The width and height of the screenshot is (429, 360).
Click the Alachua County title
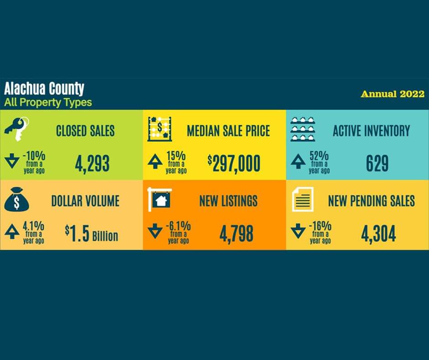(x=44, y=89)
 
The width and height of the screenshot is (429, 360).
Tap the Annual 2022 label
(x=392, y=94)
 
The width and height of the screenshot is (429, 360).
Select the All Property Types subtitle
(x=48, y=102)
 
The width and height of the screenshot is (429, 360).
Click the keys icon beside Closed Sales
(x=17, y=129)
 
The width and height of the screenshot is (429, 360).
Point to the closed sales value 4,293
(x=92, y=164)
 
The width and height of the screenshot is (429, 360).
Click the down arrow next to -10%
(x=12, y=160)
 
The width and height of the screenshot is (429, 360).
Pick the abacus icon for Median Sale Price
(x=160, y=129)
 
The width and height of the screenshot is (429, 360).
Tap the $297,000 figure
(x=234, y=164)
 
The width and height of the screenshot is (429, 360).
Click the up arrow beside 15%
(x=155, y=161)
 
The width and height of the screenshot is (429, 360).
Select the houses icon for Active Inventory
(x=303, y=129)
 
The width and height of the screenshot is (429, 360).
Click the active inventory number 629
(x=377, y=163)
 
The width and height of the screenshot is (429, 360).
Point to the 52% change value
(x=319, y=156)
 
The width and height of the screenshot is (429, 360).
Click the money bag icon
(x=16, y=199)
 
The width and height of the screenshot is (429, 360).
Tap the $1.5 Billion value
(x=91, y=234)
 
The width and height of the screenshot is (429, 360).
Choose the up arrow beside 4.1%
(x=12, y=231)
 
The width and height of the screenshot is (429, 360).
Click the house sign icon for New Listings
(x=160, y=200)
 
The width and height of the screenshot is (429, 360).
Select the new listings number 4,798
(x=236, y=234)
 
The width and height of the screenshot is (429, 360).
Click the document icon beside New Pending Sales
(x=303, y=199)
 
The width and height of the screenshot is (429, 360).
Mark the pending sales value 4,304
(x=378, y=234)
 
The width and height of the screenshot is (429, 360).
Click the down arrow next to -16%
(x=298, y=231)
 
